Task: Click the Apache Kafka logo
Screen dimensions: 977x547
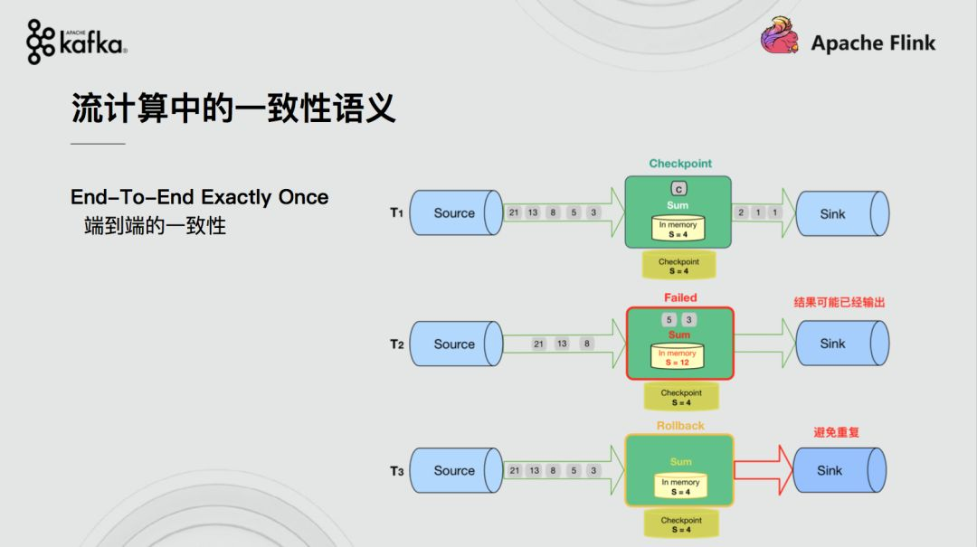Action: [77, 42]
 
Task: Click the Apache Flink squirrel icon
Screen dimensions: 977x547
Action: [780, 35]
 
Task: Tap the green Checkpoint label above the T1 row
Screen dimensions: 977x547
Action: [679, 164]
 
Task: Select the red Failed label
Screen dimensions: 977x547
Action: [679, 297]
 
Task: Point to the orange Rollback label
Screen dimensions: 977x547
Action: [680, 426]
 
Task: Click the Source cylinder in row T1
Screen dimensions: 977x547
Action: [456, 213]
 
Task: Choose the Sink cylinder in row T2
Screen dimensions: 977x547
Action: [842, 344]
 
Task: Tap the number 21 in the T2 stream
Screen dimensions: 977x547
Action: [538, 344]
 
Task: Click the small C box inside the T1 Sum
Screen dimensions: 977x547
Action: [678, 189]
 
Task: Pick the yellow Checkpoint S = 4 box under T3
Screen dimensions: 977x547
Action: [681, 524]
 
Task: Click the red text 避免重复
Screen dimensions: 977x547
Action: [836, 432]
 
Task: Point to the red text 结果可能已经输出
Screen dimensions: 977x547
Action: [839, 303]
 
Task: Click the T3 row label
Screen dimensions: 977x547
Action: [397, 471]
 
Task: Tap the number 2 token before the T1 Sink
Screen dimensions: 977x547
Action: [741, 212]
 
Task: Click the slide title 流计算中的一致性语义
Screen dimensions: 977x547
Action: [233, 108]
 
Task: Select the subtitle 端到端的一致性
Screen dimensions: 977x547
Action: [156, 225]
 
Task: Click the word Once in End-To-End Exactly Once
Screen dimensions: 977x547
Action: [303, 197]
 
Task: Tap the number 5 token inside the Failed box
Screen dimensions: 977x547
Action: [669, 319]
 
